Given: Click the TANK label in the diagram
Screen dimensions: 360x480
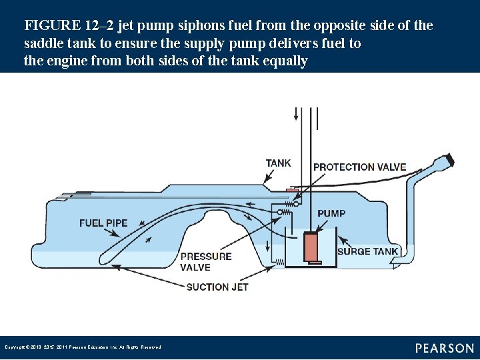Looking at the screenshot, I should (278, 163).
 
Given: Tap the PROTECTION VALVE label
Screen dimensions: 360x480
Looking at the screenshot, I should (359, 167).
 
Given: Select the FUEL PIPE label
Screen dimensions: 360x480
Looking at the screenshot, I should (103, 223).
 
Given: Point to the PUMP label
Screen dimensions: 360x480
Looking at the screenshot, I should (331, 213).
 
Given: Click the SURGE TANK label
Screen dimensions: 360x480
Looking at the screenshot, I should (367, 251).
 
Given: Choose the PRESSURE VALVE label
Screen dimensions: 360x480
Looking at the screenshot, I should (206, 261).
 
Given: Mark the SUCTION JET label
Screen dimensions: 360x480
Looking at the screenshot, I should (217, 287).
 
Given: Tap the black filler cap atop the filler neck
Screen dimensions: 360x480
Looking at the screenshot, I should (451, 161).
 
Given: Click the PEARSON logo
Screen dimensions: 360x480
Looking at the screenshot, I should (445, 348).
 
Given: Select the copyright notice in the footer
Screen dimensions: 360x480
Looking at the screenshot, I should (83, 347).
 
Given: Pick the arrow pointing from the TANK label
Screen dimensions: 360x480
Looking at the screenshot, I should (270, 175).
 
